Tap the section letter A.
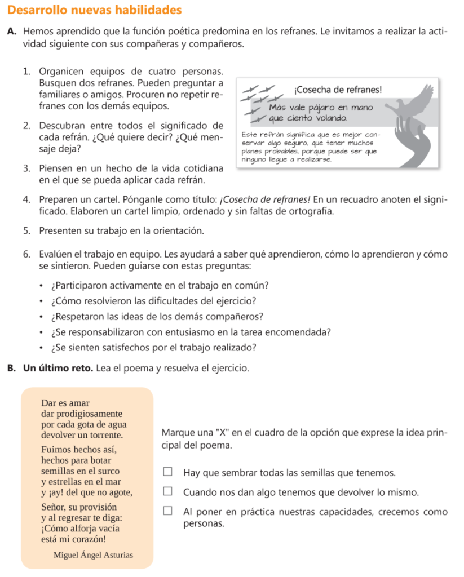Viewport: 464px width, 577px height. (x=12, y=32)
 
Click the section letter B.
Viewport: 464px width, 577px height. (x=11, y=369)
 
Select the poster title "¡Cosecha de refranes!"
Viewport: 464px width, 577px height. (x=338, y=90)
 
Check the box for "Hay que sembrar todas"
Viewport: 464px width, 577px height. (x=167, y=472)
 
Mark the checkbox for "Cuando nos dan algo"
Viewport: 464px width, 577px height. (x=167, y=492)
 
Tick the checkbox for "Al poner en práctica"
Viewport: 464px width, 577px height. (x=167, y=512)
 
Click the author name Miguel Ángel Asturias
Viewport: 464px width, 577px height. (x=93, y=554)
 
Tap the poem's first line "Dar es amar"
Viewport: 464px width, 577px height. (x=65, y=403)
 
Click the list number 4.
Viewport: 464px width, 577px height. (x=27, y=199)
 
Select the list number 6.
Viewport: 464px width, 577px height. (x=27, y=254)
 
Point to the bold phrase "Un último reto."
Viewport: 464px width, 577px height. (x=59, y=369)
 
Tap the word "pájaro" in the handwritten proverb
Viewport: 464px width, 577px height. (x=326, y=107)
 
